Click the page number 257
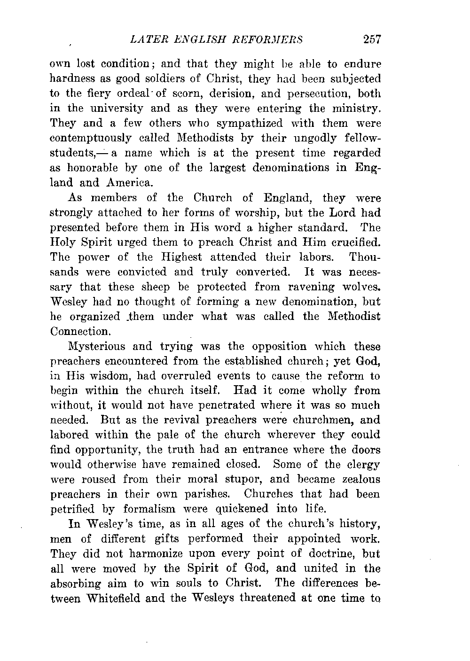[371, 39]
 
